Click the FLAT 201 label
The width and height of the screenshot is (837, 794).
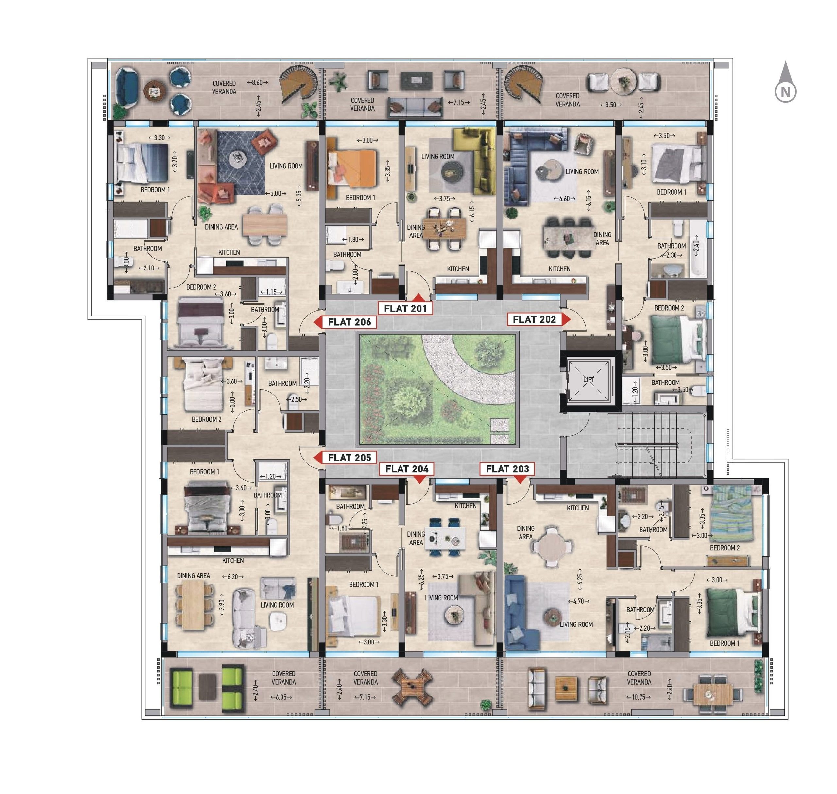pos(405,309)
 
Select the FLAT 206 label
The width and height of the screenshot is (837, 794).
pos(349,322)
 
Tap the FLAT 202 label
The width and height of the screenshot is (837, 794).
pos(534,319)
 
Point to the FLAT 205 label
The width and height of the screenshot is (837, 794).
pos(349,458)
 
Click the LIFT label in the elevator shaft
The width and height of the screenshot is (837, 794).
pos(589,380)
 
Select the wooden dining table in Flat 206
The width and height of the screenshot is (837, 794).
pos(265,224)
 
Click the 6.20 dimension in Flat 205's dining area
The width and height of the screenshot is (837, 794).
pos(232,576)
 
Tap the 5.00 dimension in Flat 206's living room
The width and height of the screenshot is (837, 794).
pos(275,193)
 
